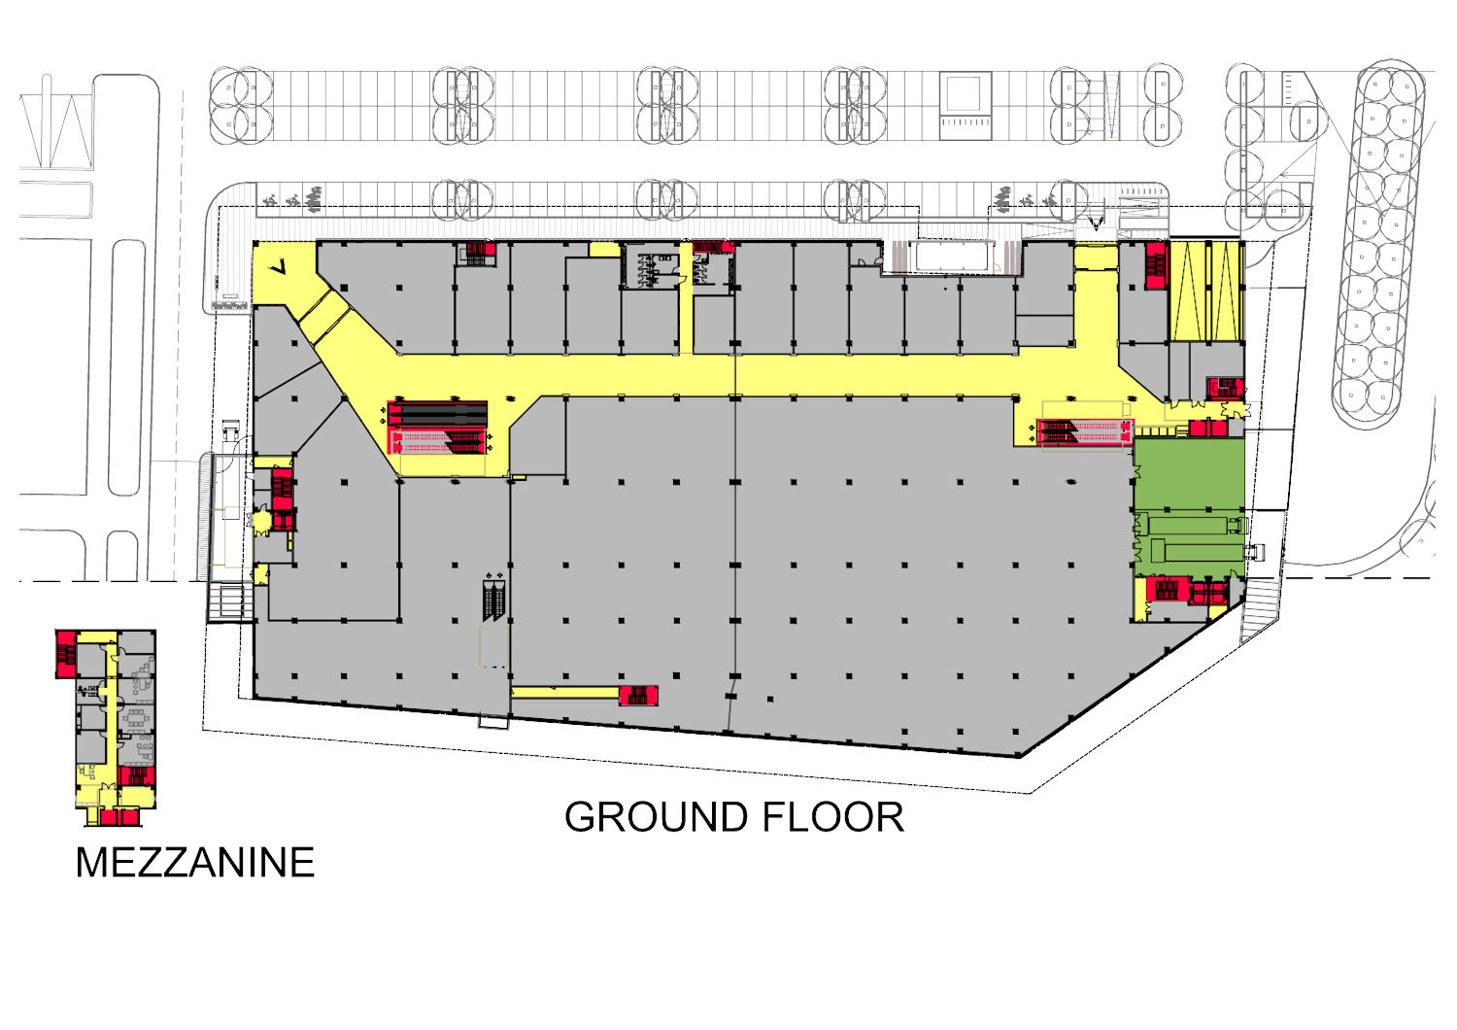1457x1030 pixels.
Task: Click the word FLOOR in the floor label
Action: pyautogui.click(x=833, y=816)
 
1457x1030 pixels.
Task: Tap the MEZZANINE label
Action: pyautogui.click(x=195, y=862)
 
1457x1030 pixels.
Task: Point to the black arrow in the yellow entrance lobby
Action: pyautogui.click(x=279, y=266)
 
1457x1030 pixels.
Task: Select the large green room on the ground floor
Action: pyautogui.click(x=1189, y=507)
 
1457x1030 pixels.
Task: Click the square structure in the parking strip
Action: pyautogui.click(x=966, y=105)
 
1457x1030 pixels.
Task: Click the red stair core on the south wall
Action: pyautogui.click(x=638, y=696)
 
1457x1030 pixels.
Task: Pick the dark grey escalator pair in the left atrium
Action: pyautogui.click(x=438, y=414)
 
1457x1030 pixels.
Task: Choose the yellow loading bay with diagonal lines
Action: pyautogui.click(x=1207, y=291)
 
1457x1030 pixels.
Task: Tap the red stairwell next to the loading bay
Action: pyautogui.click(x=1157, y=265)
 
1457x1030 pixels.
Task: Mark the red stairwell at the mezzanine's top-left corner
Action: pyautogui.click(x=66, y=654)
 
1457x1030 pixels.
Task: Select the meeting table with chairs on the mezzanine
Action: pyautogui.click(x=136, y=718)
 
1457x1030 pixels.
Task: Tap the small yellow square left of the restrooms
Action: pyautogui.click(x=604, y=249)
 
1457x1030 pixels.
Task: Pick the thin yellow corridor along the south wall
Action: pyautogui.click(x=565, y=692)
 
